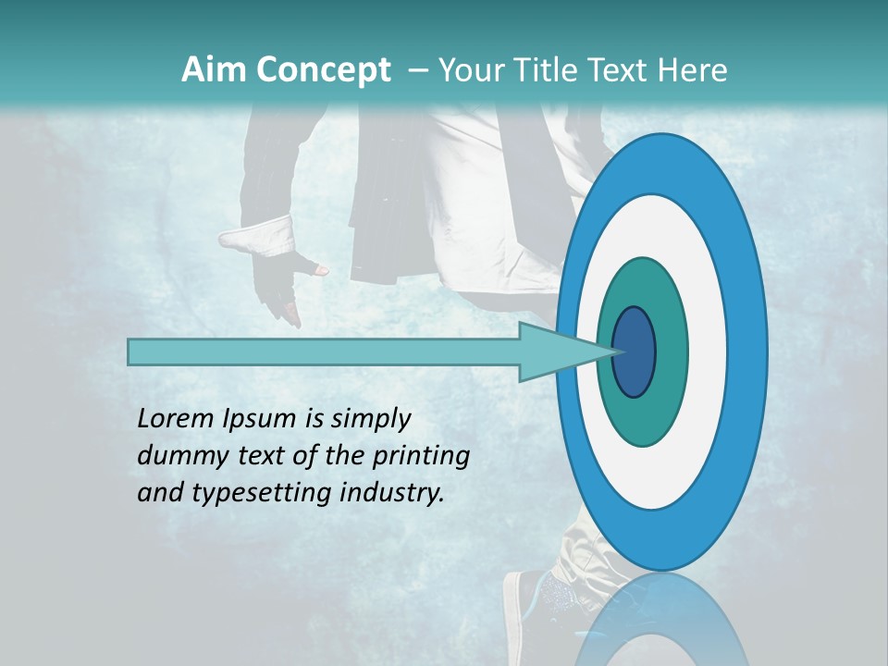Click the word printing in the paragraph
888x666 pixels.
421,456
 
